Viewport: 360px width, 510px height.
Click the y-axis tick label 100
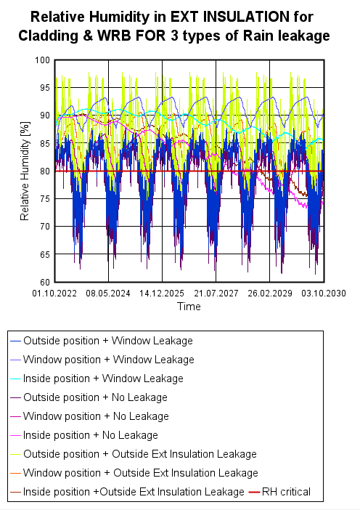[x=43, y=60]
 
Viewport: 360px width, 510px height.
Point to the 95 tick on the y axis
[x=45, y=88]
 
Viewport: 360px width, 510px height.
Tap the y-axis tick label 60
[x=45, y=283]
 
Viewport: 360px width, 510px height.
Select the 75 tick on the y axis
[x=45, y=199]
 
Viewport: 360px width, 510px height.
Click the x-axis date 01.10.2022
[x=55, y=294]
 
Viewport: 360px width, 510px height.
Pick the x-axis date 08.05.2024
[x=109, y=294]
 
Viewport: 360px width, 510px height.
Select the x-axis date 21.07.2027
[x=216, y=294]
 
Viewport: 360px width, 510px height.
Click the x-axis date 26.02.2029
[x=269, y=294]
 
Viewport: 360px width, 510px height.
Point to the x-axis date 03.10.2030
[x=322, y=294]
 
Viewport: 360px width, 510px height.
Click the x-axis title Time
[x=189, y=307]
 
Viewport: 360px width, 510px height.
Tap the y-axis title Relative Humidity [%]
[x=25, y=171]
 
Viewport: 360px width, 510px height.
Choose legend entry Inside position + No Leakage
[x=90, y=434]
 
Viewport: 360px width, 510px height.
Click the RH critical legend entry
[x=286, y=492]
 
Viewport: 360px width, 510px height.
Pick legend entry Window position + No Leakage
[x=96, y=416]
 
